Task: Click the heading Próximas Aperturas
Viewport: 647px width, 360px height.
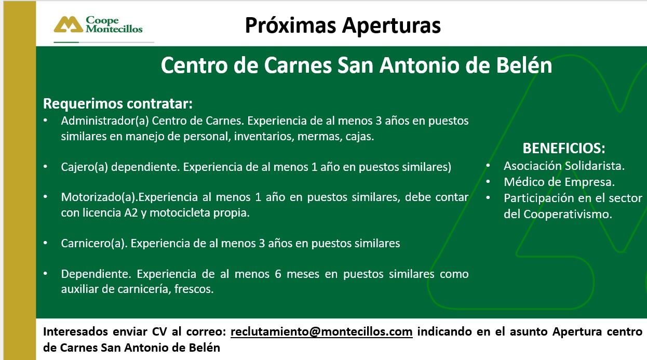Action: (343, 25)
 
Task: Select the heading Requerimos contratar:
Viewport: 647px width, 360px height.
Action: (117, 103)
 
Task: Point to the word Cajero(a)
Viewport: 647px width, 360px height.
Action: (84, 167)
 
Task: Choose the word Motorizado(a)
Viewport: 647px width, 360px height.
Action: (99, 197)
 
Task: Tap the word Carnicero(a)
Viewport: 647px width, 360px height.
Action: (93, 243)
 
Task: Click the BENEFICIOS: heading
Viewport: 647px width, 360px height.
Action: (564, 148)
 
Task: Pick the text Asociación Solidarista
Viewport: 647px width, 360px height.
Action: (564, 166)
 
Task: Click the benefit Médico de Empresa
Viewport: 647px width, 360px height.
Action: (559, 182)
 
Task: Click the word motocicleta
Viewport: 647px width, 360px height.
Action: (186, 213)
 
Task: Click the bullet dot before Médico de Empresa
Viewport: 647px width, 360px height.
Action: (489, 182)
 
